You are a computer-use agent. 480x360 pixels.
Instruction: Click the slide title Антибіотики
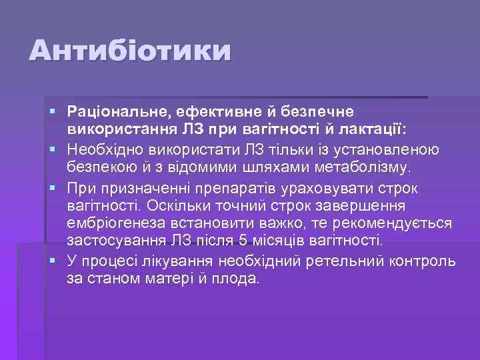click(131, 51)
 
